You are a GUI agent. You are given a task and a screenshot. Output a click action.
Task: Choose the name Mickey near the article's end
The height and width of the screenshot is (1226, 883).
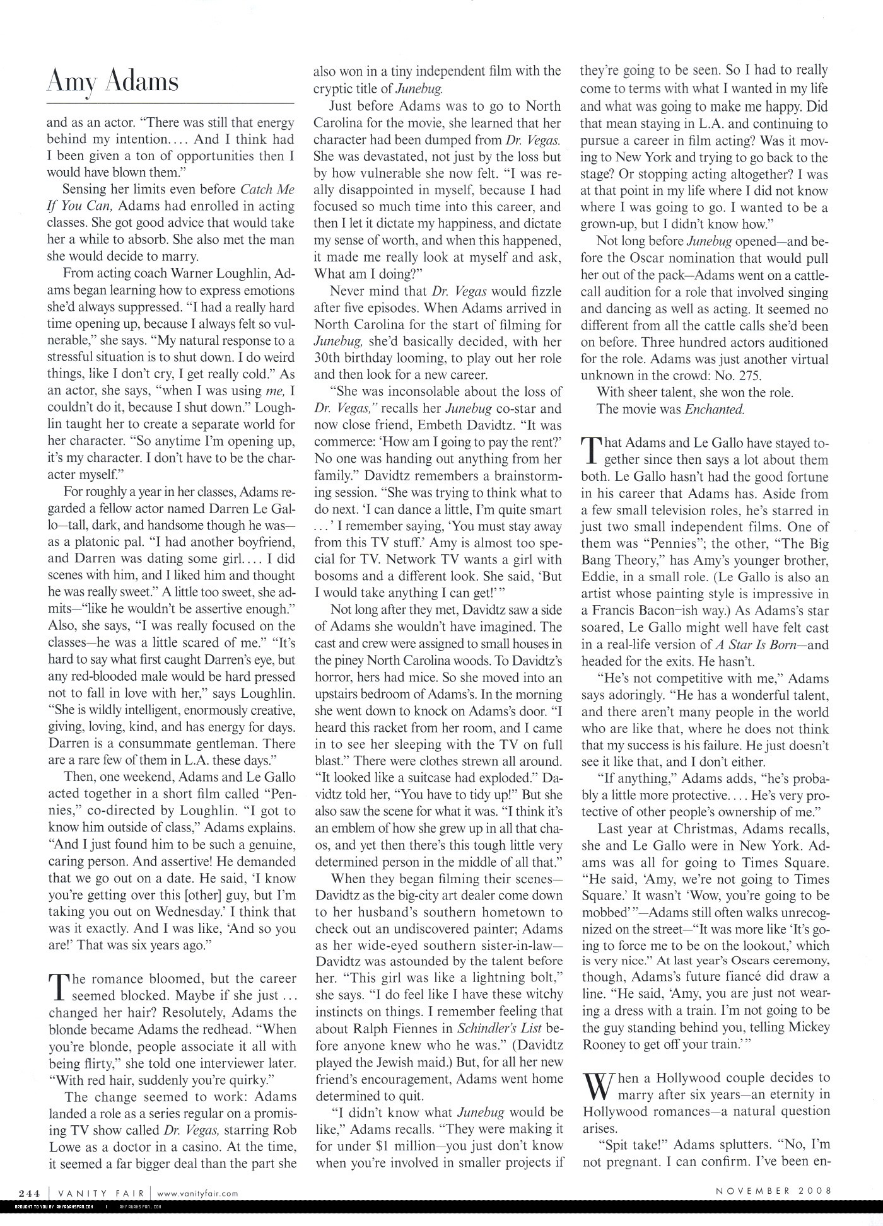click(x=809, y=1027)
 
